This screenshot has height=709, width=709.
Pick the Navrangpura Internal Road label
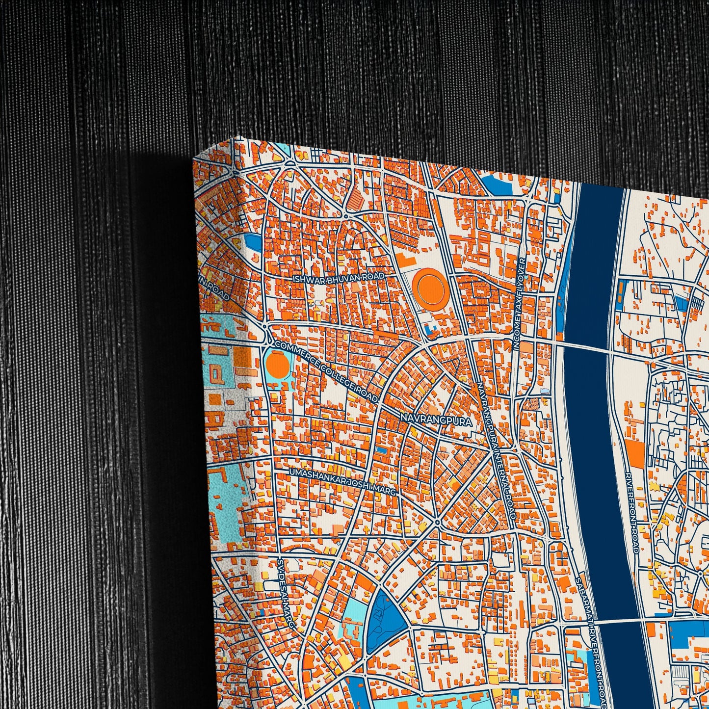(497, 451)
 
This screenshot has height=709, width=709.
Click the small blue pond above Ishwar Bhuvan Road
(253, 241)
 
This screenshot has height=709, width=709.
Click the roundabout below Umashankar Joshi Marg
(437, 522)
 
